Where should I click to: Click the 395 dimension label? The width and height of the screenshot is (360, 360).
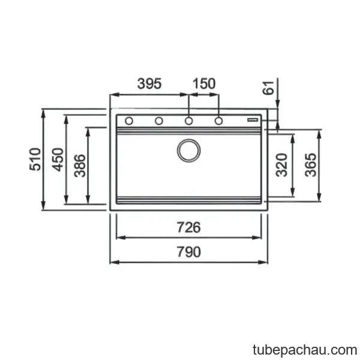pos(149,84)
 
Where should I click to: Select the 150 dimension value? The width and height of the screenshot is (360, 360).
pos(204,84)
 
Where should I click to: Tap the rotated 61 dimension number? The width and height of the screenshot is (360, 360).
pos(268,88)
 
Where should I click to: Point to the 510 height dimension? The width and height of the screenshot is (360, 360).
pos(35,159)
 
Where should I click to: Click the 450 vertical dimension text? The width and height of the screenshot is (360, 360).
pos(58,160)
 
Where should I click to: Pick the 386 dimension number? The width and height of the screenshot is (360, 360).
pos(80,166)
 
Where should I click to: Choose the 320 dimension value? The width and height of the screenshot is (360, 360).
pos(281,164)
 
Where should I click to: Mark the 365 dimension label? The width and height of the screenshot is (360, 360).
pos(311,164)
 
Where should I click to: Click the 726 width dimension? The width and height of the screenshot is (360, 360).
pos(189,227)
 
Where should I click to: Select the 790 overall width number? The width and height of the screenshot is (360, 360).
pos(189,252)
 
